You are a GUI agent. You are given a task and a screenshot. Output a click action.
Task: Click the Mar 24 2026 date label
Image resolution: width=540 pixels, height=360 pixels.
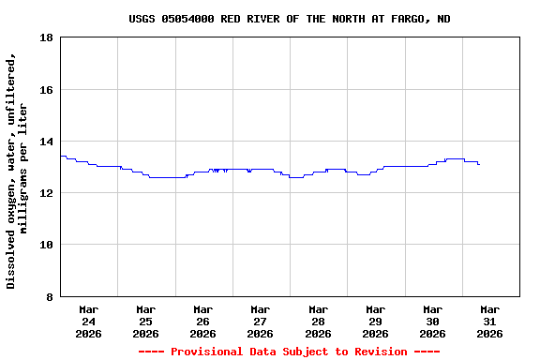(x=89, y=321)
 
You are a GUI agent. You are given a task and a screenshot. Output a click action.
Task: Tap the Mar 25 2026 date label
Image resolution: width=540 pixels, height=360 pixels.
(x=146, y=321)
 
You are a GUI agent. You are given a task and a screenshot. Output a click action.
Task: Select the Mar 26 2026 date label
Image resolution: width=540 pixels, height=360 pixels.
(x=203, y=321)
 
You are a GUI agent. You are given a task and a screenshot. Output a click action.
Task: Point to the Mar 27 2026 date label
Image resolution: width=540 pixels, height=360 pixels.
(x=261, y=321)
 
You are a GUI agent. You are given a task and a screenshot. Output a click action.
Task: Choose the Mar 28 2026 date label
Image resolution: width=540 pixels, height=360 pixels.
(x=318, y=321)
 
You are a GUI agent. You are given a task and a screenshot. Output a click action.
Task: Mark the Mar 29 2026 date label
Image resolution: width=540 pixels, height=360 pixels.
(x=375, y=321)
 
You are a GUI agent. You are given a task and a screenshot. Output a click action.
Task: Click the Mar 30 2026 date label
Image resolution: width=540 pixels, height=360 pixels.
(x=432, y=321)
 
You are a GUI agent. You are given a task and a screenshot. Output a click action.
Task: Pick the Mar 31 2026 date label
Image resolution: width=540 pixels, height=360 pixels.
(x=489, y=321)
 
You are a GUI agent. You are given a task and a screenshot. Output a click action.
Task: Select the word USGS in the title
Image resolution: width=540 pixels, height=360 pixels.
(x=142, y=19)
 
